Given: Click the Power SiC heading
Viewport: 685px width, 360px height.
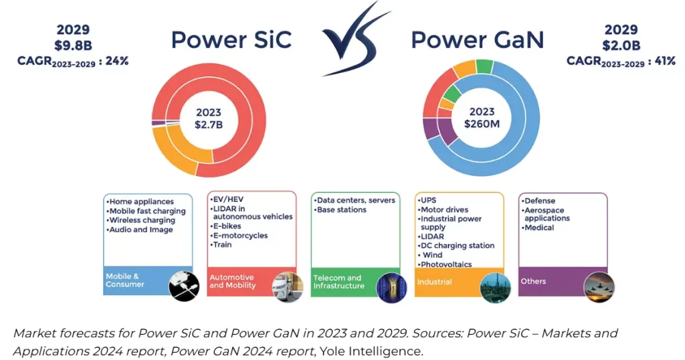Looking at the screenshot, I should (x=231, y=39).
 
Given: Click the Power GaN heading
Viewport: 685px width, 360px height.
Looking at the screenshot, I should (x=477, y=39).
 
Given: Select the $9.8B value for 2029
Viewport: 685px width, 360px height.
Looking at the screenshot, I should (x=73, y=45).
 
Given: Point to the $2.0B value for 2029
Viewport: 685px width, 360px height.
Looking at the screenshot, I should (x=621, y=45).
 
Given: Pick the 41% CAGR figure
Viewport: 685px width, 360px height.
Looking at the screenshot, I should (x=664, y=61).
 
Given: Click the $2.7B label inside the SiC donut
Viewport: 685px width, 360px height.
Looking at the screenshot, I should (x=207, y=125).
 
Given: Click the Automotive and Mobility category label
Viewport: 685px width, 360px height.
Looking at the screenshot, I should (x=232, y=281).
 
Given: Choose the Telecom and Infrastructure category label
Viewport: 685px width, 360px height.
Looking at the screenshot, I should (x=338, y=282).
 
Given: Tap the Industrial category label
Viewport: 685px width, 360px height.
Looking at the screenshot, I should (x=435, y=282).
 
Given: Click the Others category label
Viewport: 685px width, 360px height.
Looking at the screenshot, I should (x=534, y=281).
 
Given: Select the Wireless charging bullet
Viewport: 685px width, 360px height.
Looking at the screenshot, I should (x=142, y=220).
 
